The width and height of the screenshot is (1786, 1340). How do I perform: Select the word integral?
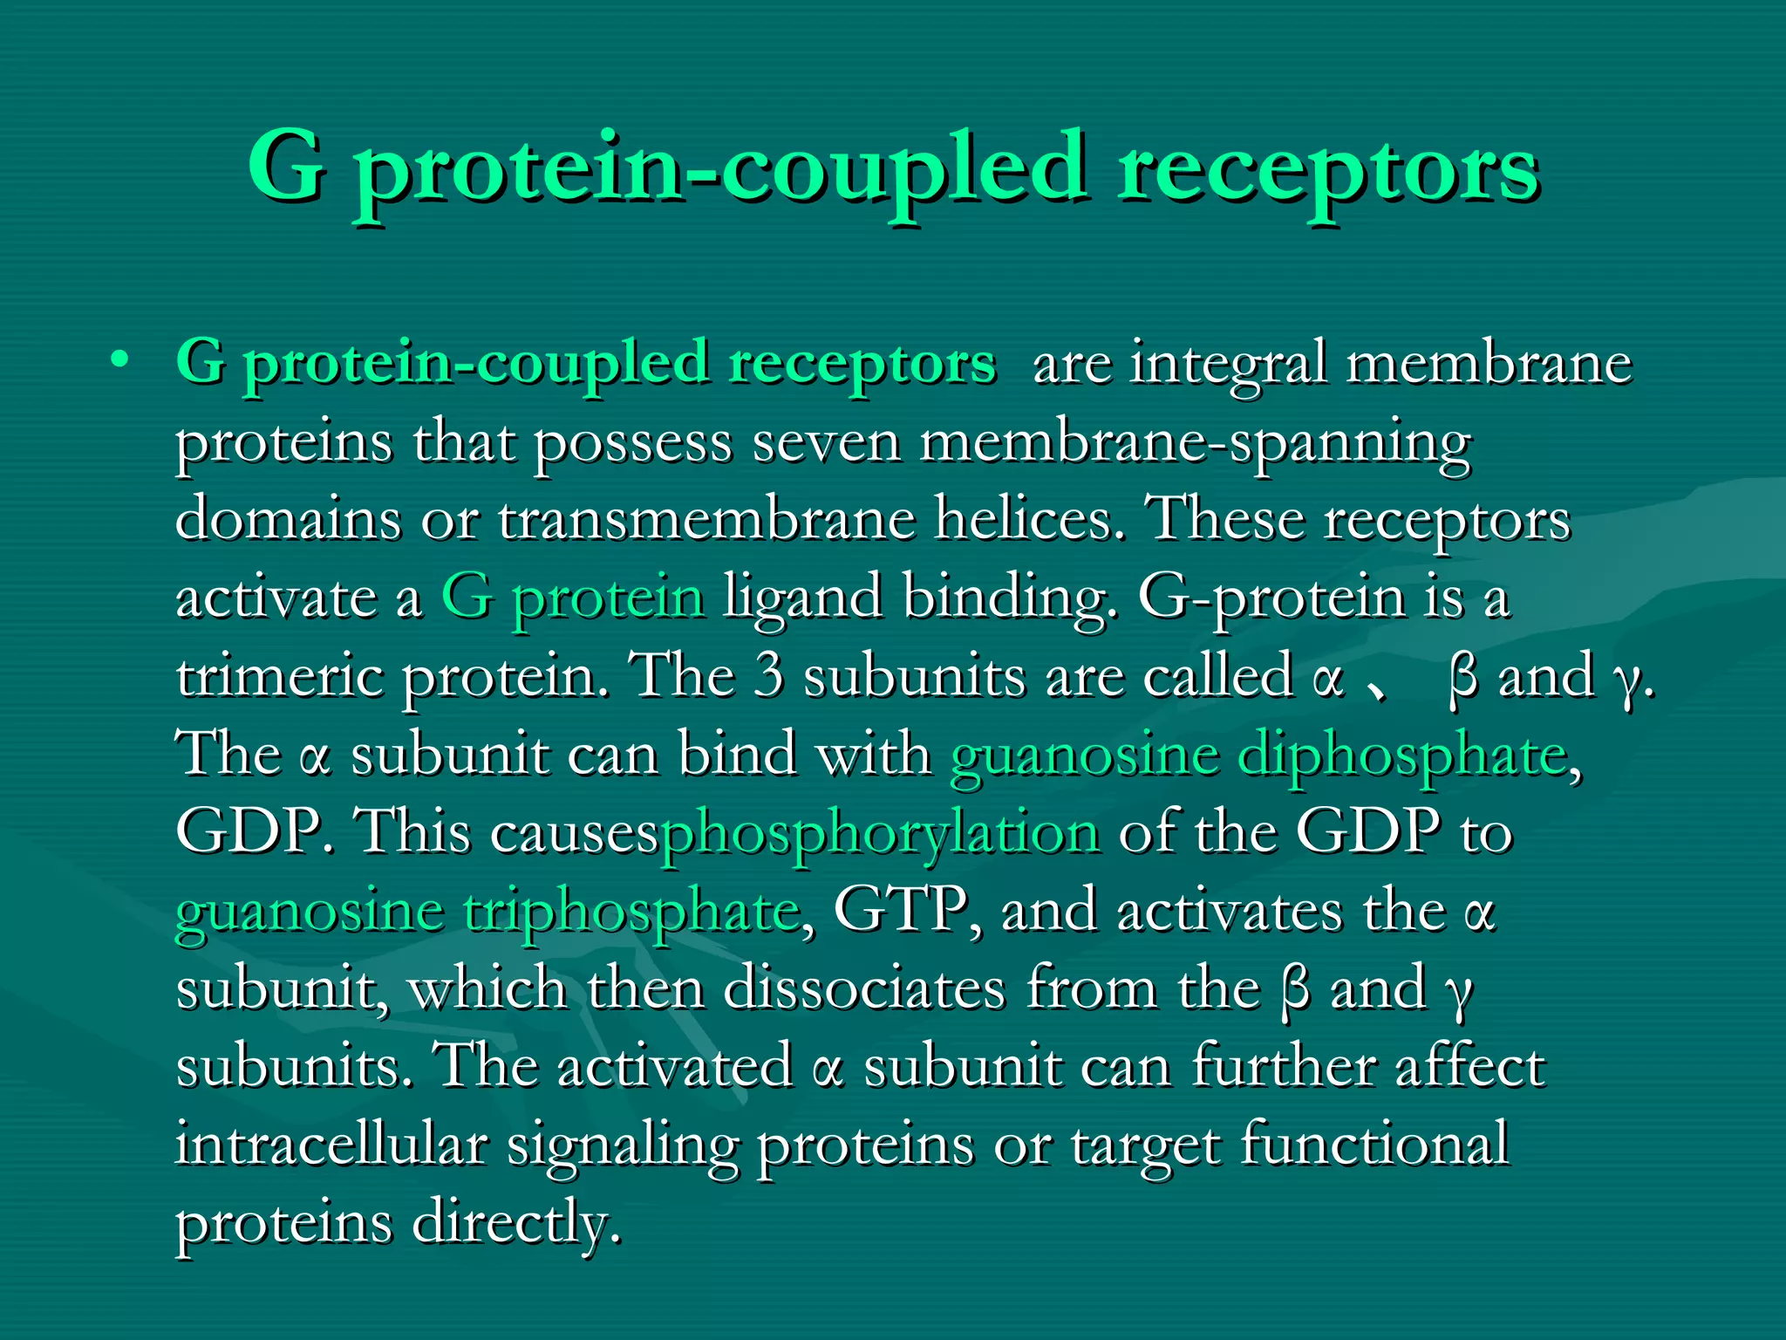pos(1229,365)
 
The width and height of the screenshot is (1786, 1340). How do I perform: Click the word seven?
pos(826,442)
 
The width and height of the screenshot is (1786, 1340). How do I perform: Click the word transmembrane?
pos(706,519)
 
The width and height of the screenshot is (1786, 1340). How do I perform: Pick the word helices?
pos(1028,519)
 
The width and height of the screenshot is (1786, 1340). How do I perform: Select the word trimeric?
pos(279,676)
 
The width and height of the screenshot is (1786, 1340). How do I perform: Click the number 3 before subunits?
pos(768,676)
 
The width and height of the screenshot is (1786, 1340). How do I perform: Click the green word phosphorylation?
pos(880,834)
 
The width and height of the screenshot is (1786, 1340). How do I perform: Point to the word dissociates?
pos(864,988)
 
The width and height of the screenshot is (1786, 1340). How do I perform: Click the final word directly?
pos(515,1223)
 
